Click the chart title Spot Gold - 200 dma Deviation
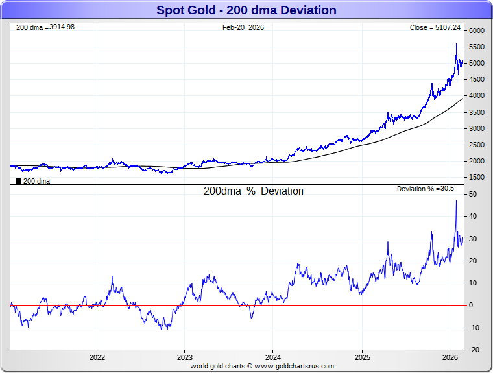tap(246, 10)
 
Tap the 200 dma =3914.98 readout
tap(45, 27)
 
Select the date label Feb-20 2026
tap(243, 27)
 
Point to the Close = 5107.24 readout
tap(435, 27)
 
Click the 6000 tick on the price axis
tap(477, 31)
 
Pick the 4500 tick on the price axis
tap(477, 80)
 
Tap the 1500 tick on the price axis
tap(477, 178)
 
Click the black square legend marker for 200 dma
tap(18, 182)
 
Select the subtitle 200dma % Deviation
tap(254, 191)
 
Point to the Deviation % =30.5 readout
tap(426, 189)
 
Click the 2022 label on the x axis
tap(97, 357)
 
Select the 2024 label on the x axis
tap(273, 357)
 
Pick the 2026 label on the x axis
tap(450, 357)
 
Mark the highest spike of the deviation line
tap(456, 201)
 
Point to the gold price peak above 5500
tap(456, 44)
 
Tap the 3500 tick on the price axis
tap(477, 112)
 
